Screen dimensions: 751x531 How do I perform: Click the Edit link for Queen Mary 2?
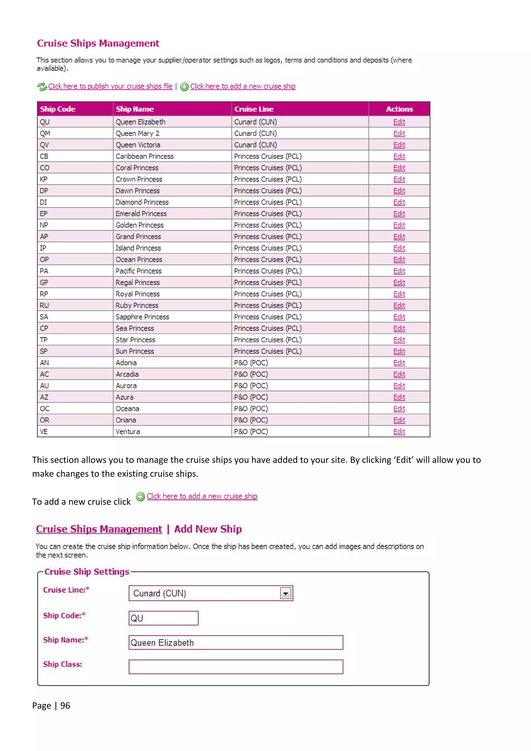[x=399, y=134]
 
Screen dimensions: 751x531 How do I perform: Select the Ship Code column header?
[x=58, y=109]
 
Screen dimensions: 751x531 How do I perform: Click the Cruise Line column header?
[x=254, y=109]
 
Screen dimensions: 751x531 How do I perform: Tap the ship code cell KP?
[x=44, y=179]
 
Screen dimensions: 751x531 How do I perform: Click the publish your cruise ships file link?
[x=110, y=86]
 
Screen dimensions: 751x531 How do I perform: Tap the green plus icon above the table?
[x=184, y=87]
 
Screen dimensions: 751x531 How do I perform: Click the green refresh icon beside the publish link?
[x=41, y=87]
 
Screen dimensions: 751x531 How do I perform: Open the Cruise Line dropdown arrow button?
[x=285, y=593]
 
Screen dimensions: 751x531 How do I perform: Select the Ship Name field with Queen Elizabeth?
[x=236, y=642]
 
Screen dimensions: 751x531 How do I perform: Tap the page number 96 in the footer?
[x=65, y=706]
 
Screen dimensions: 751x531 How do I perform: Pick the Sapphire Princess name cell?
[x=142, y=317]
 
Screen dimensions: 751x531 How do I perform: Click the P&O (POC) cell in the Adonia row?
[x=251, y=363]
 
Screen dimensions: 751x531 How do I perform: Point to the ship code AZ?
[x=44, y=397]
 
